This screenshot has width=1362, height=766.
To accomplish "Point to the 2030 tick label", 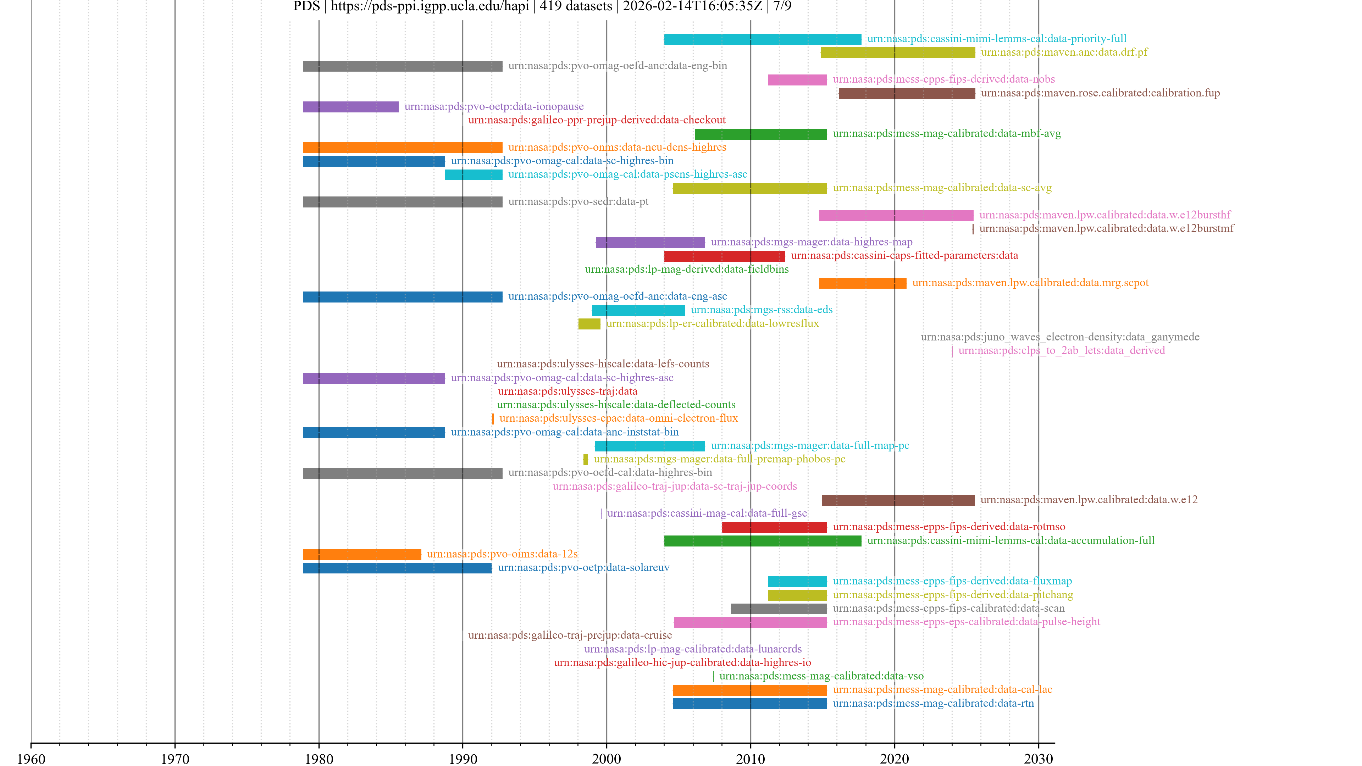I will (1038, 759).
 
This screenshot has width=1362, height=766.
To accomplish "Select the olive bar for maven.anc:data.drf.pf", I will (897, 53).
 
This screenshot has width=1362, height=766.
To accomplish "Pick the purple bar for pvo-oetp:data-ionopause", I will (350, 107).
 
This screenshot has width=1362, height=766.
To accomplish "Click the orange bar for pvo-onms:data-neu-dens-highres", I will (402, 148).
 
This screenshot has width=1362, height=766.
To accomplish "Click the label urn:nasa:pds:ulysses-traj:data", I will (567, 391).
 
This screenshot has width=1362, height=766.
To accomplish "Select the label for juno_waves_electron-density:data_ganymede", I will (1059, 337).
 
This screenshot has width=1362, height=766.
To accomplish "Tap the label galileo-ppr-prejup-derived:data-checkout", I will (596, 120).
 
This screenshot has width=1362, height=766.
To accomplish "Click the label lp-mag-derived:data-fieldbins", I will (686, 269).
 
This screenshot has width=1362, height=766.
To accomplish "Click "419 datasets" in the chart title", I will (575, 6).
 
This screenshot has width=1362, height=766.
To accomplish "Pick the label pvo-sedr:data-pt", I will (578, 201).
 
